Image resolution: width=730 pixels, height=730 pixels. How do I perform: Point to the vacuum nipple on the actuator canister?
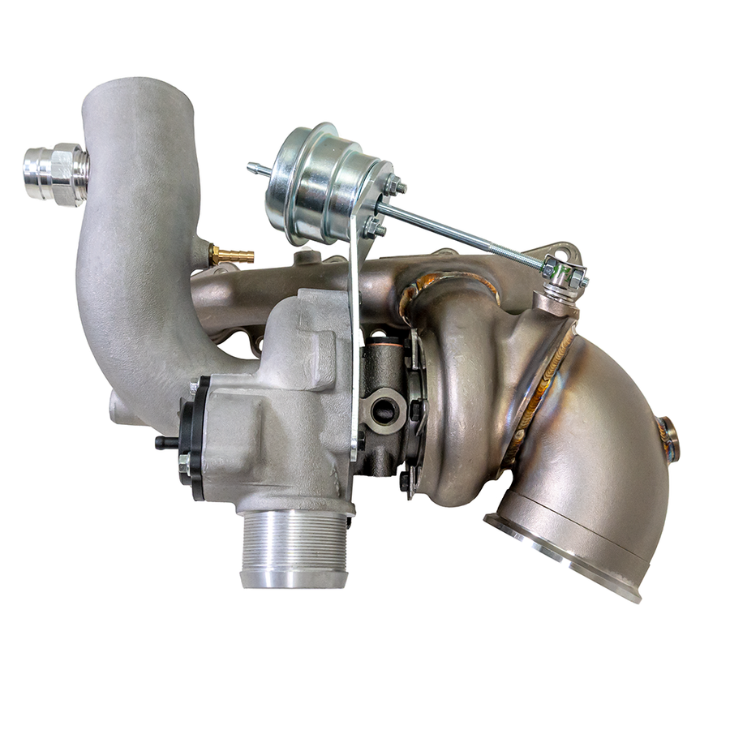(x=257, y=169)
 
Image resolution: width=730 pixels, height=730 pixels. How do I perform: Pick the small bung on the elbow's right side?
(x=668, y=438)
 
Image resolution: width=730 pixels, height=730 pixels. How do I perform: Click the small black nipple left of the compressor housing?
(x=166, y=442)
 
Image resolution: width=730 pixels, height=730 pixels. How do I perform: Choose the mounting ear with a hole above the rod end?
(x=560, y=251)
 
